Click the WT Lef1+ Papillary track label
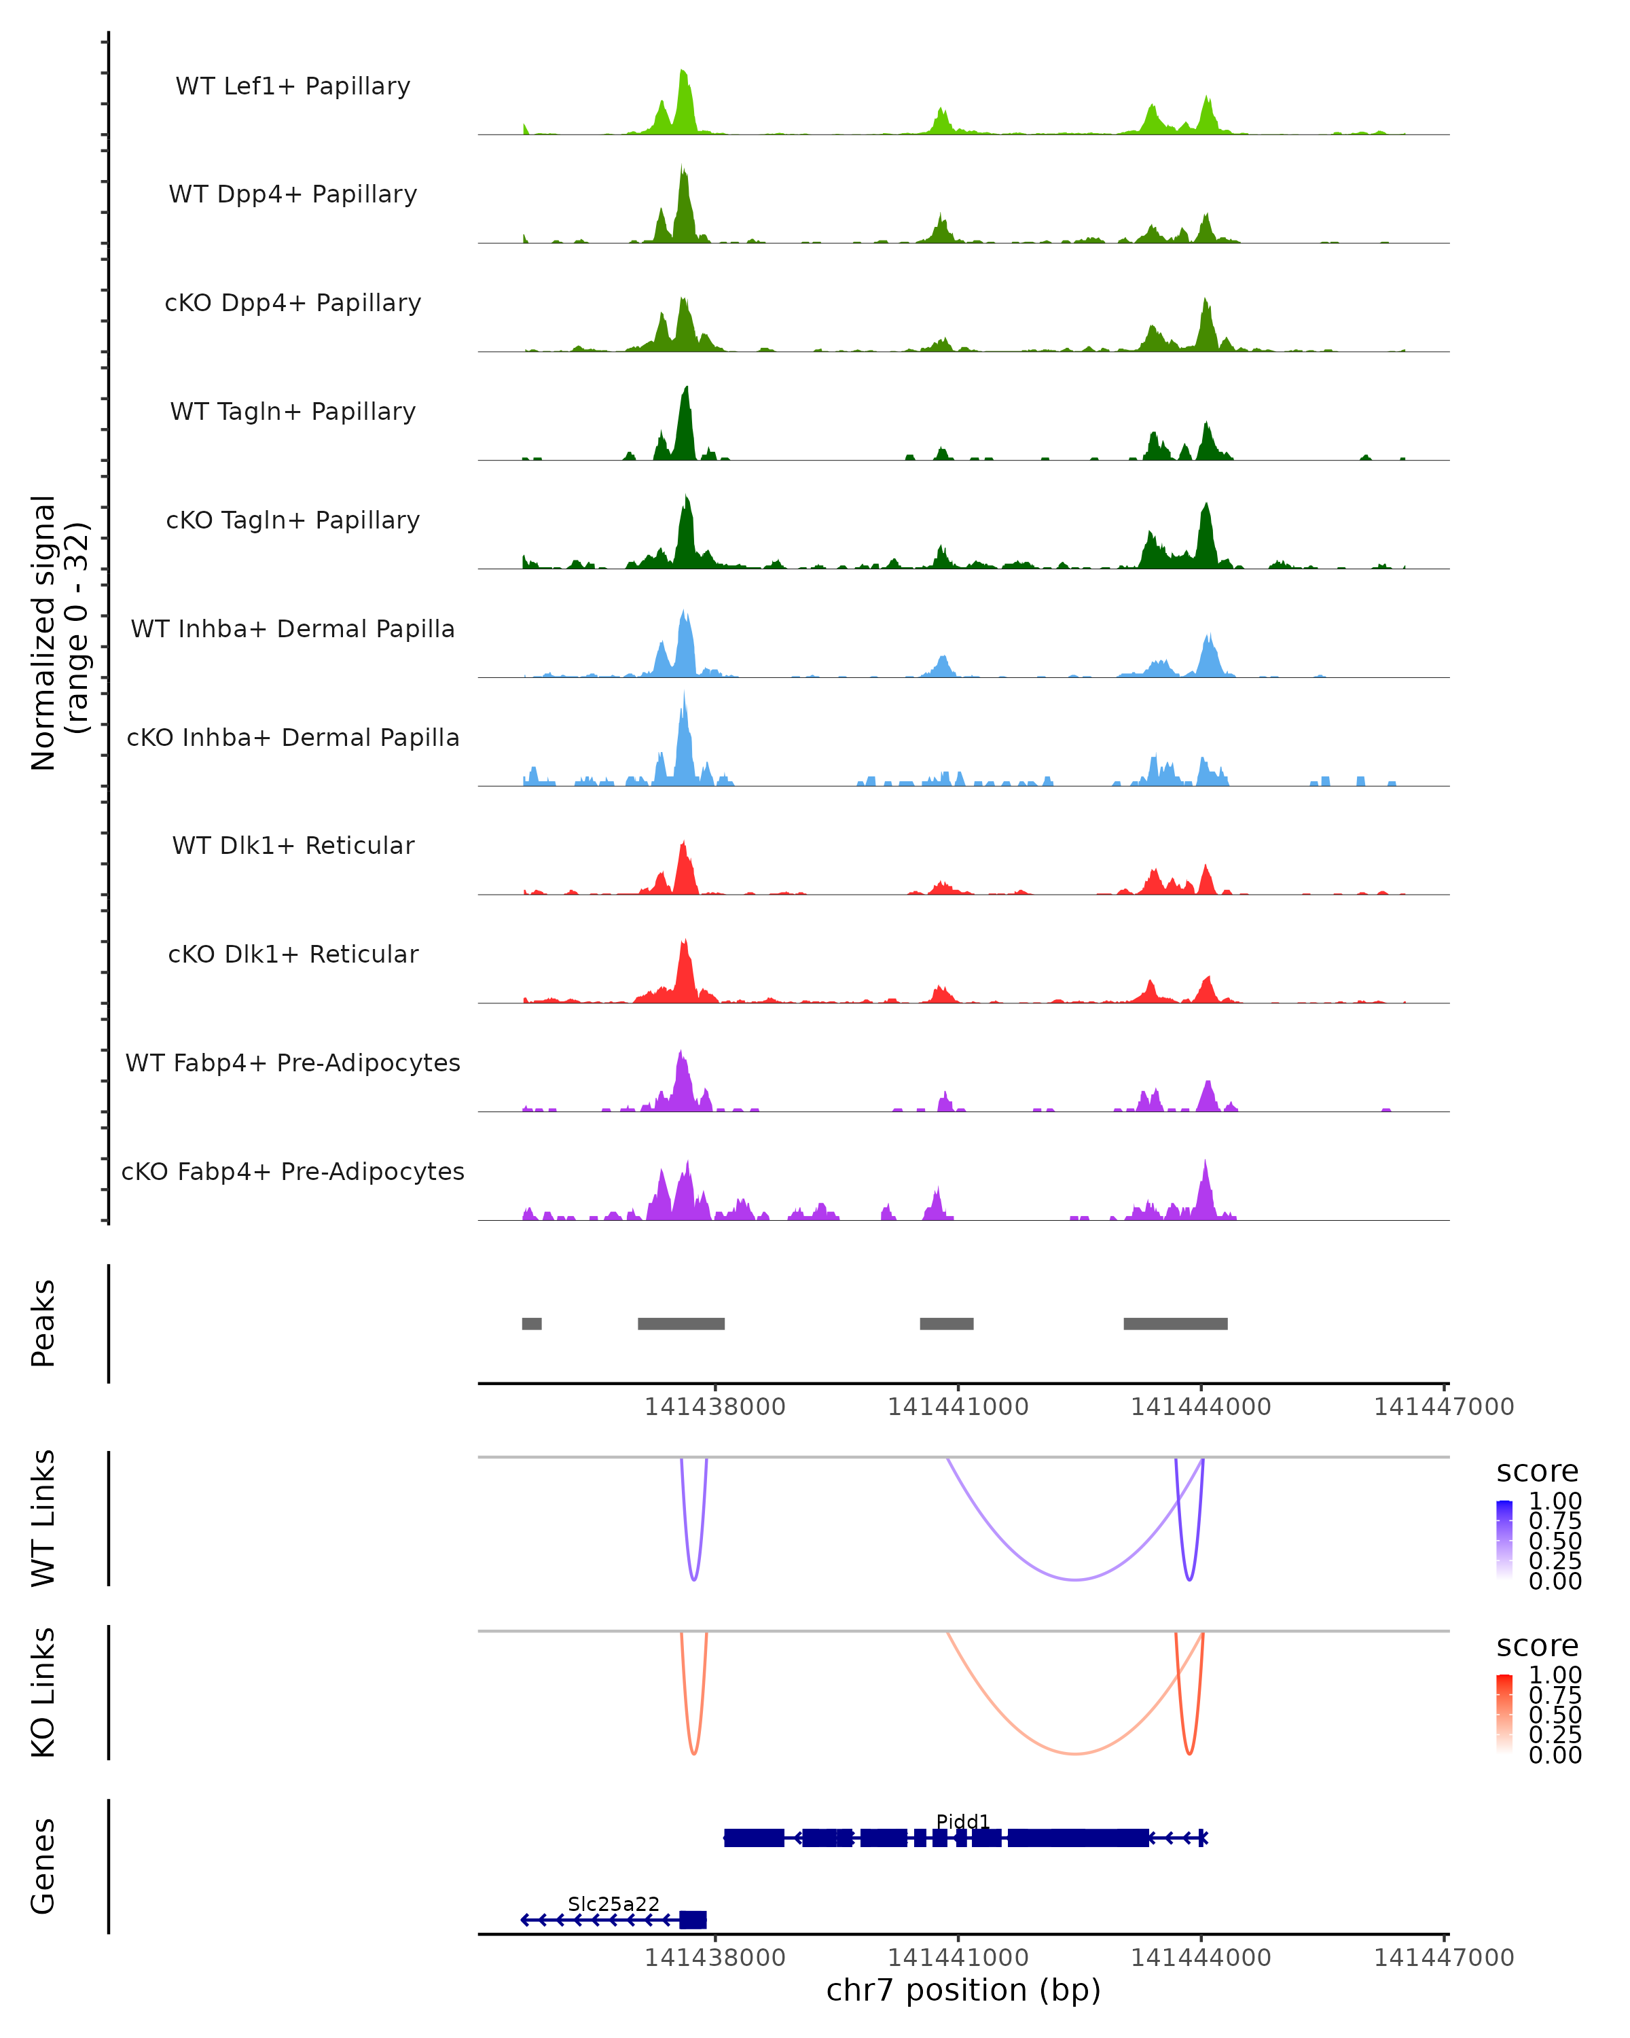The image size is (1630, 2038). pyautogui.click(x=293, y=86)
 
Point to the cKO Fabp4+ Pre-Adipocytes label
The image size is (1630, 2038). pyautogui.click(x=293, y=1171)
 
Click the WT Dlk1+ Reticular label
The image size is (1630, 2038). pyautogui.click(x=293, y=845)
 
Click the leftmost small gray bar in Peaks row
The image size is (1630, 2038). pyautogui.click(x=532, y=1323)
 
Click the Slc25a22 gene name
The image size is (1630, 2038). pyautogui.click(x=613, y=1903)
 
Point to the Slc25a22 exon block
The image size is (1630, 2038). pyautogui.click(x=693, y=1920)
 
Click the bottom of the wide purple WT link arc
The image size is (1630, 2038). pyautogui.click(x=1074, y=1579)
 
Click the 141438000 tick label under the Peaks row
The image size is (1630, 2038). pyautogui.click(x=714, y=1407)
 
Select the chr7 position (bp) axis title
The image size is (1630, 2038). pyautogui.click(x=963, y=1990)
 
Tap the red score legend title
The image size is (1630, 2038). pyautogui.click(x=1536, y=1646)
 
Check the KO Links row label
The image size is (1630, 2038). pyautogui.click(x=43, y=1692)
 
